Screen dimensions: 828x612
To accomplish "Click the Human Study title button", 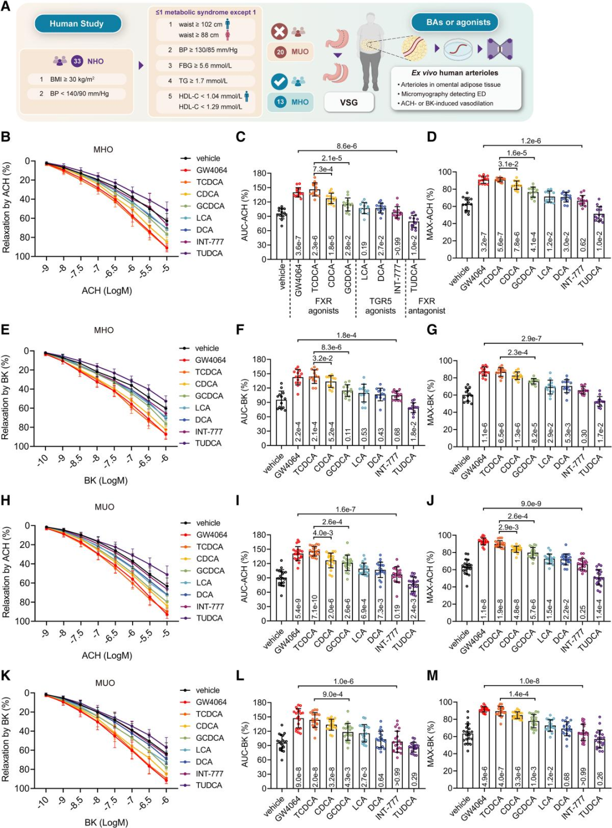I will click(77, 24).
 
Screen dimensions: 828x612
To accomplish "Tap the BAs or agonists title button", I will click(458, 22).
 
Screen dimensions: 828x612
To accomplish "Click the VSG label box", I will click(348, 102).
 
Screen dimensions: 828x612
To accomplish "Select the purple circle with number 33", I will click(77, 61).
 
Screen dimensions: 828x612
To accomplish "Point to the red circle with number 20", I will click(280, 52).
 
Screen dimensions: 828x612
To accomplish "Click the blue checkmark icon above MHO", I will click(279, 82).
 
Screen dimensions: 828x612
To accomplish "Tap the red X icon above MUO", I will click(279, 31).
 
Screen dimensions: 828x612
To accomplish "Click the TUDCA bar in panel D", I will click(598, 238).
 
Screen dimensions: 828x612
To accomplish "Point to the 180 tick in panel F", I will click(260, 359).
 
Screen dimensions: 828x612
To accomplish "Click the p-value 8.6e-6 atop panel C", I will click(347, 146).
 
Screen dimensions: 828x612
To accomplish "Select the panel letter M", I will click(432, 676).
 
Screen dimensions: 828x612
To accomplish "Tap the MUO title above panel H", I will click(104, 507).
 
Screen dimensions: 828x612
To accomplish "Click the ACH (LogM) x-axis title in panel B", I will click(107, 291).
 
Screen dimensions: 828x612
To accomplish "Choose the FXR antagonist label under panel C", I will click(427, 306).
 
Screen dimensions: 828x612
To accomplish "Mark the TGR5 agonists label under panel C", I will click(380, 306).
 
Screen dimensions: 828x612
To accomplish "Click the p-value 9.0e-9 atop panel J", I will click(531, 504).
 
